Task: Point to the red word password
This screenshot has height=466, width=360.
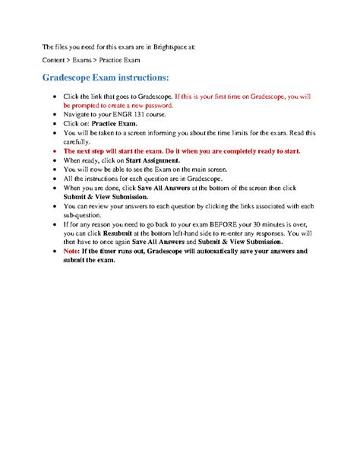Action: point(161,106)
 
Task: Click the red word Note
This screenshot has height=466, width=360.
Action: point(71,250)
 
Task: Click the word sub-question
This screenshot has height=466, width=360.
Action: point(83,214)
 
